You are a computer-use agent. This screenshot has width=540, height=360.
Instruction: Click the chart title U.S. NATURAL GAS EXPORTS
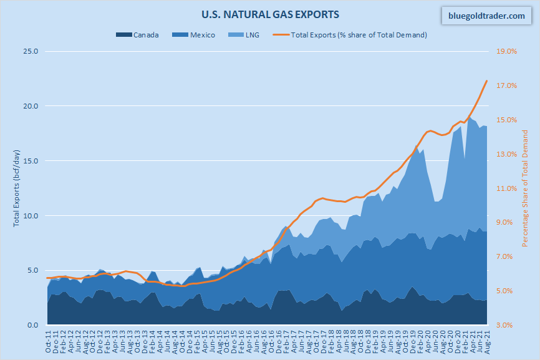tap(270, 13)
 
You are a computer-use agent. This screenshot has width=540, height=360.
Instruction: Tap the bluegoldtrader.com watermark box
tap(487, 16)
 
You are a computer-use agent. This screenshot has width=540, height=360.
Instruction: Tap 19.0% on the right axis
tap(506, 51)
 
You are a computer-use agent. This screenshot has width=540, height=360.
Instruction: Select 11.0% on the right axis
tap(506, 188)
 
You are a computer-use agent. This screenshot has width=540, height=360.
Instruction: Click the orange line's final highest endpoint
tap(486, 80)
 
